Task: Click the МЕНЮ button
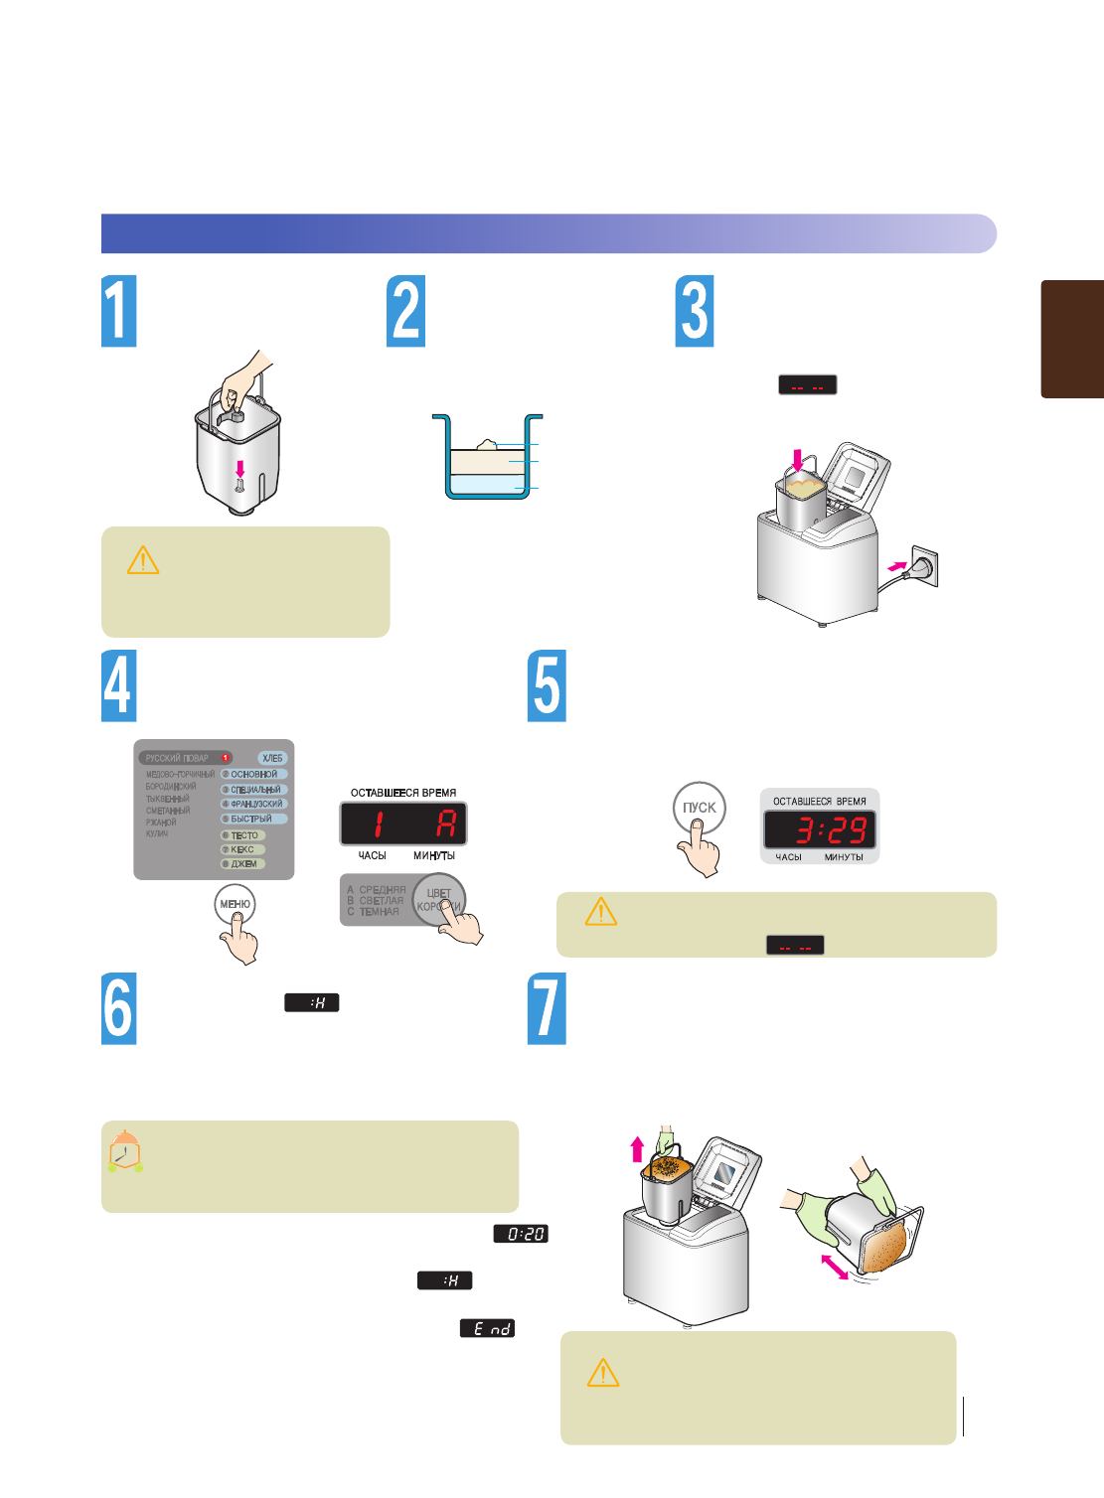pos(236,904)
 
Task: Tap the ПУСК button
pos(699,808)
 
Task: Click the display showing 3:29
pos(820,829)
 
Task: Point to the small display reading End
pos(487,1328)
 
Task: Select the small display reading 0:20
pos(521,1234)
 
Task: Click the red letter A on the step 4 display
pos(446,824)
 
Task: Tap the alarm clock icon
pos(124,1151)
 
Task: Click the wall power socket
pos(924,566)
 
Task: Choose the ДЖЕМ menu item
pos(242,864)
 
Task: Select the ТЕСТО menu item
pos(243,835)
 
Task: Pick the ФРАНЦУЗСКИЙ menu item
pos(254,804)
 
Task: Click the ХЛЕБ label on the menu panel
pos(272,758)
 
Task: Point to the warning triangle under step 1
pos(143,560)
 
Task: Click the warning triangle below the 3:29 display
pos(601,911)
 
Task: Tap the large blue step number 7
pos(547,1008)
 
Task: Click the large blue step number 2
pos(405,311)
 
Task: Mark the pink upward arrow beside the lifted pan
pos(637,1149)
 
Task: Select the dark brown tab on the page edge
pos(1072,339)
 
